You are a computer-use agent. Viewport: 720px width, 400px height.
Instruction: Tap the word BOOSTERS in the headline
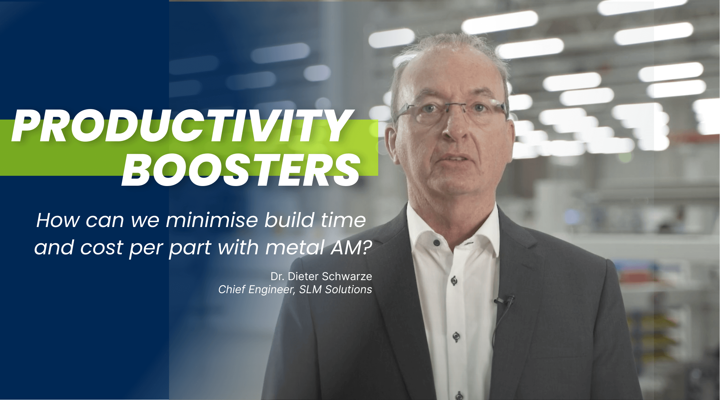(x=241, y=170)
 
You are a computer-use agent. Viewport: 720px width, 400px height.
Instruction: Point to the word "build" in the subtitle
(x=290, y=220)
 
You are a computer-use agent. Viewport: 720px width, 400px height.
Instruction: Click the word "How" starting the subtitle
(x=58, y=220)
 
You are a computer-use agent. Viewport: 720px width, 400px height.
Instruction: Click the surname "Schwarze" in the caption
(x=347, y=276)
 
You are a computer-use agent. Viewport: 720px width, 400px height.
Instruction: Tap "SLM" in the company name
(x=310, y=289)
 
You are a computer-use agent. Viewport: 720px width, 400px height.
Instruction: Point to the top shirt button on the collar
(x=436, y=242)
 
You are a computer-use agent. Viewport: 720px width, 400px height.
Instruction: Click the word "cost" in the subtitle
(x=102, y=248)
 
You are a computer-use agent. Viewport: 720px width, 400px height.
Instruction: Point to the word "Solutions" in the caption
(x=349, y=289)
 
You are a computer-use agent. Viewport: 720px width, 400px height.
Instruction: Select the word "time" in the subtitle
(x=343, y=220)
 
